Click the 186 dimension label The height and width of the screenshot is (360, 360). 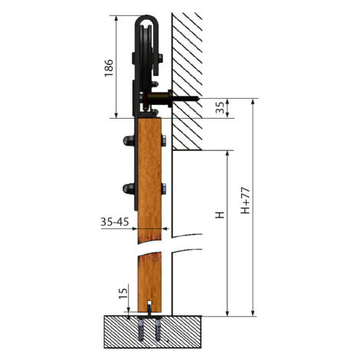[x=109, y=68]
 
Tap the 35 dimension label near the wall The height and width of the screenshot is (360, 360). [x=220, y=107]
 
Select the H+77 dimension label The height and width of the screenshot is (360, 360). [x=245, y=201]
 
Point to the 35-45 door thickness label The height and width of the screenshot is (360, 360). [x=115, y=222]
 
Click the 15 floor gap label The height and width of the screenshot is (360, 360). [x=123, y=293]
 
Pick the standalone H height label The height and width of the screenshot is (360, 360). [x=220, y=214]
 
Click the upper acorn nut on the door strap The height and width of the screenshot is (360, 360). [x=129, y=141]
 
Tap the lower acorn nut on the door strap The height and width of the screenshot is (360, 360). [x=129, y=188]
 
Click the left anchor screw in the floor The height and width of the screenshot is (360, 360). [x=142, y=329]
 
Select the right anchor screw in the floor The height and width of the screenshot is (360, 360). [x=158, y=329]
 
